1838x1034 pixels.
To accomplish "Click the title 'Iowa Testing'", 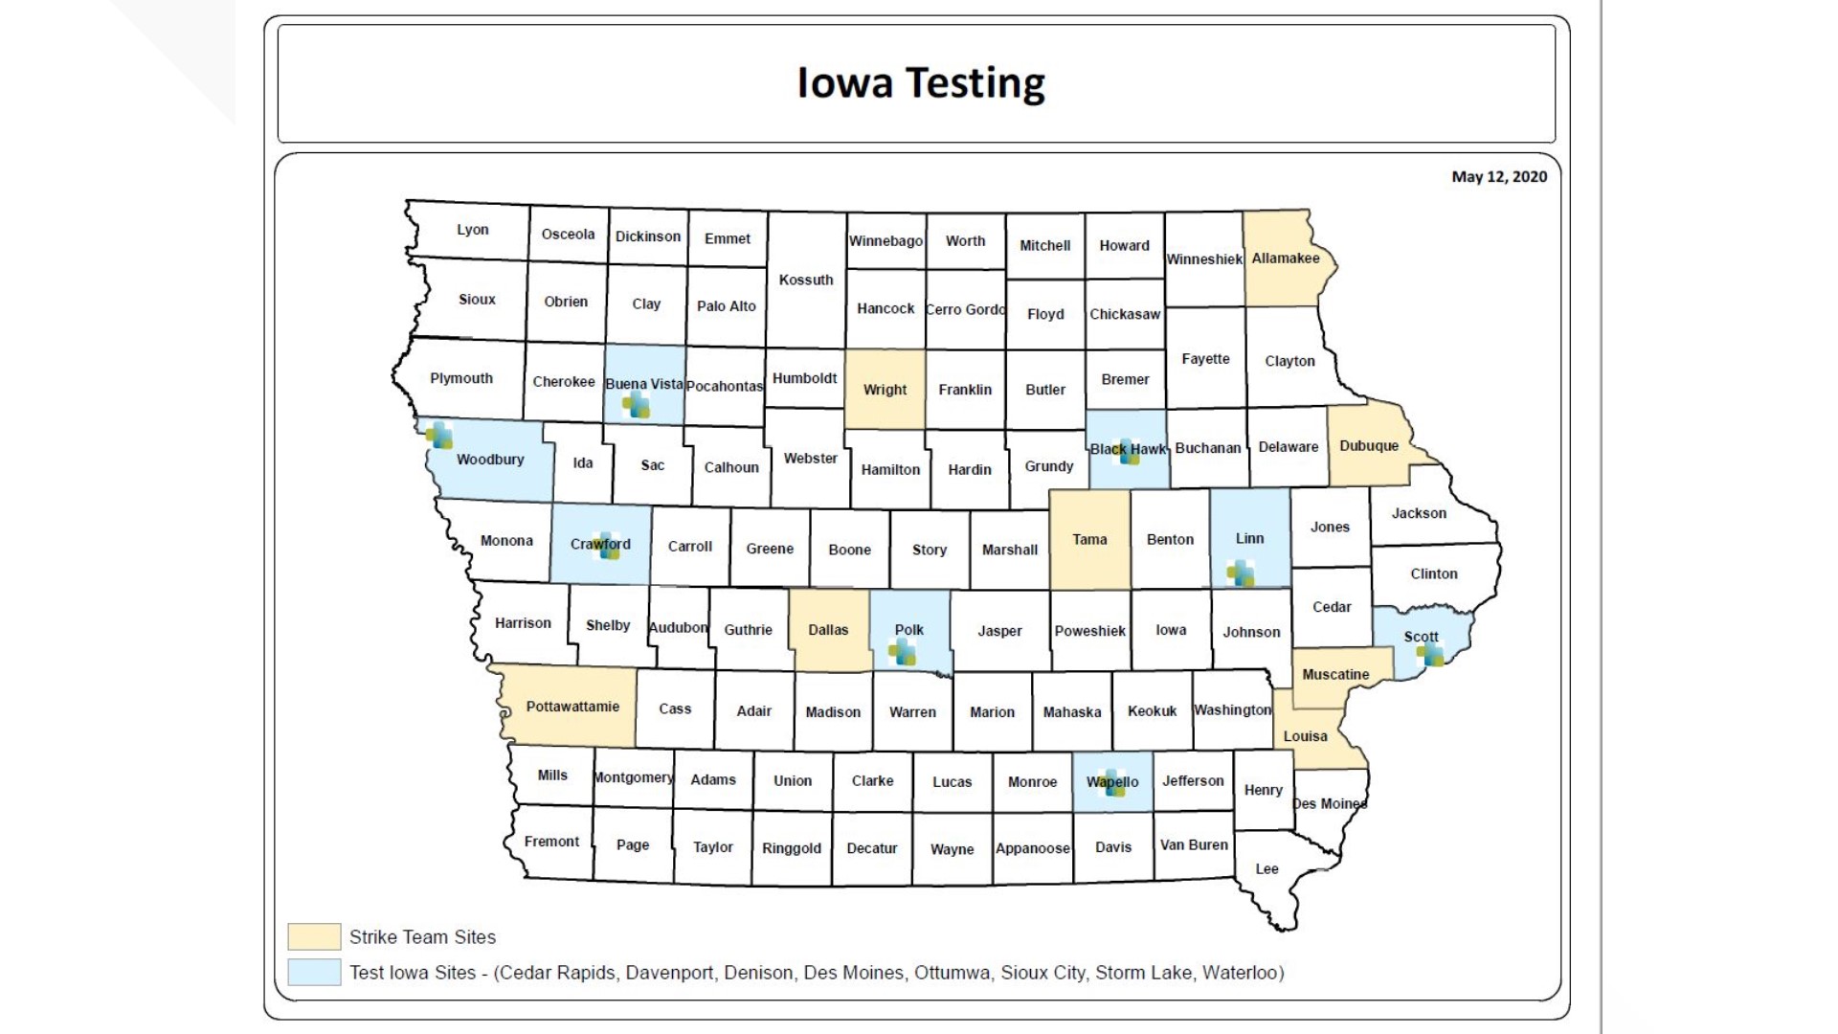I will (x=920, y=83).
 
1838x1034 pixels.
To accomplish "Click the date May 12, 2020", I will (x=1498, y=176).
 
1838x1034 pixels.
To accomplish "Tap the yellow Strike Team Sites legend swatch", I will (x=314, y=936).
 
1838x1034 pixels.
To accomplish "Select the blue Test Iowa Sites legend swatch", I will (x=314, y=973).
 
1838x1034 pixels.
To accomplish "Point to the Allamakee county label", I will (x=1285, y=258).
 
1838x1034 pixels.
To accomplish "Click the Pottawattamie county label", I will (x=572, y=707).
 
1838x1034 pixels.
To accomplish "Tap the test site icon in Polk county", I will (x=902, y=653).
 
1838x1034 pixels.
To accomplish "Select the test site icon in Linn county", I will (x=1241, y=574).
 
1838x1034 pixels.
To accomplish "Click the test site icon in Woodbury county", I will (x=439, y=436).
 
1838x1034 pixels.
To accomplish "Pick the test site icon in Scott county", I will (x=1431, y=656).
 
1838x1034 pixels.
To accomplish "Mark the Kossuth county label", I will (x=806, y=280).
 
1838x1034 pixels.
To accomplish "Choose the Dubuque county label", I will (x=1369, y=446).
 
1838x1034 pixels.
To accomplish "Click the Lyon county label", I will (x=473, y=230).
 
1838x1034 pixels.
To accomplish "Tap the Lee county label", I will (x=1266, y=869).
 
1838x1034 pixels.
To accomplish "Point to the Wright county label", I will (x=885, y=390).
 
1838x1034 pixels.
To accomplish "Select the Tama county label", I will (x=1089, y=540).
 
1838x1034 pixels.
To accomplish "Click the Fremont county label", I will (x=551, y=842).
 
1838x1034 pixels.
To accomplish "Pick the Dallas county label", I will (x=828, y=630).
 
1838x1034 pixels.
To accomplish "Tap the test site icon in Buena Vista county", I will (x=636, y=406).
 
